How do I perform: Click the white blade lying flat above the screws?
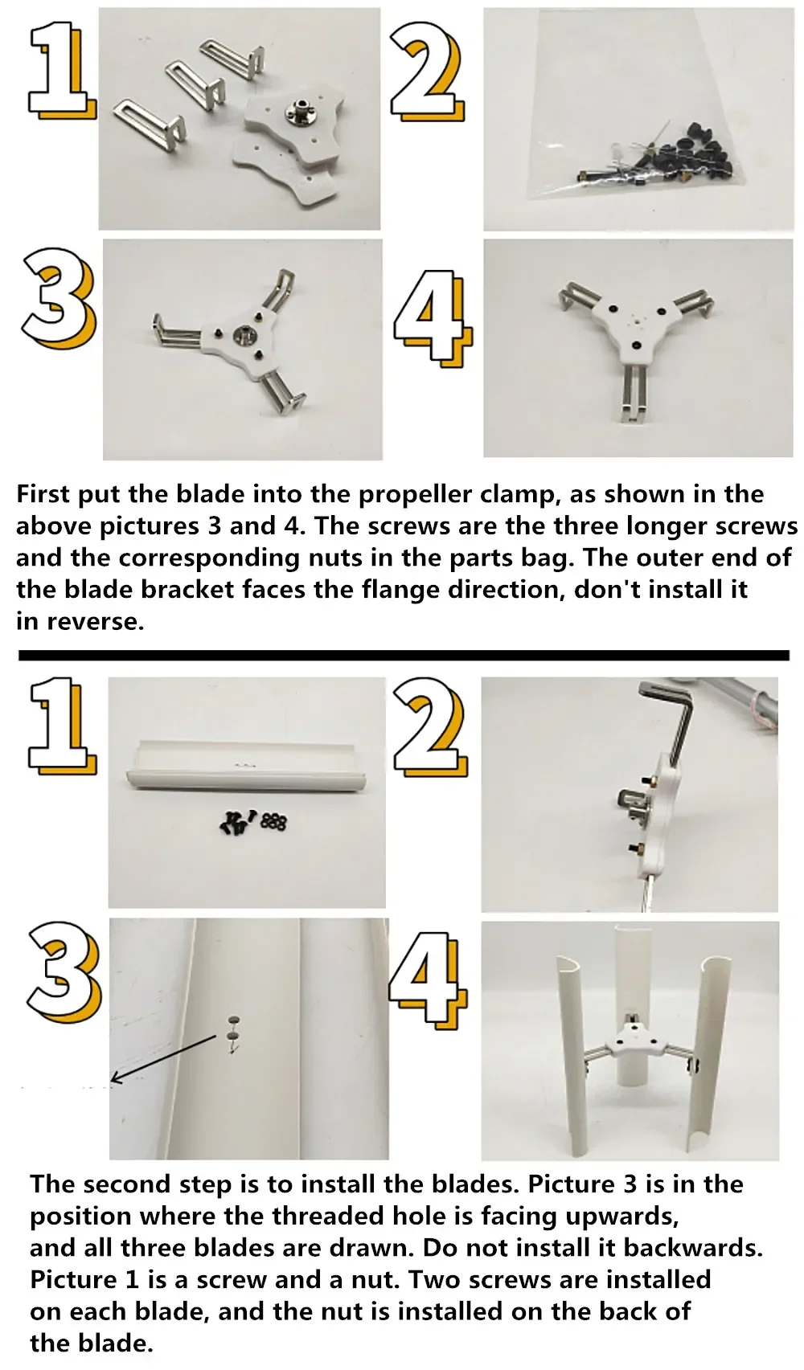[247, 772]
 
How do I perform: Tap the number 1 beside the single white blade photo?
[61, 726]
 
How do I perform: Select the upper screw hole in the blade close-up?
[234, 1020]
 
